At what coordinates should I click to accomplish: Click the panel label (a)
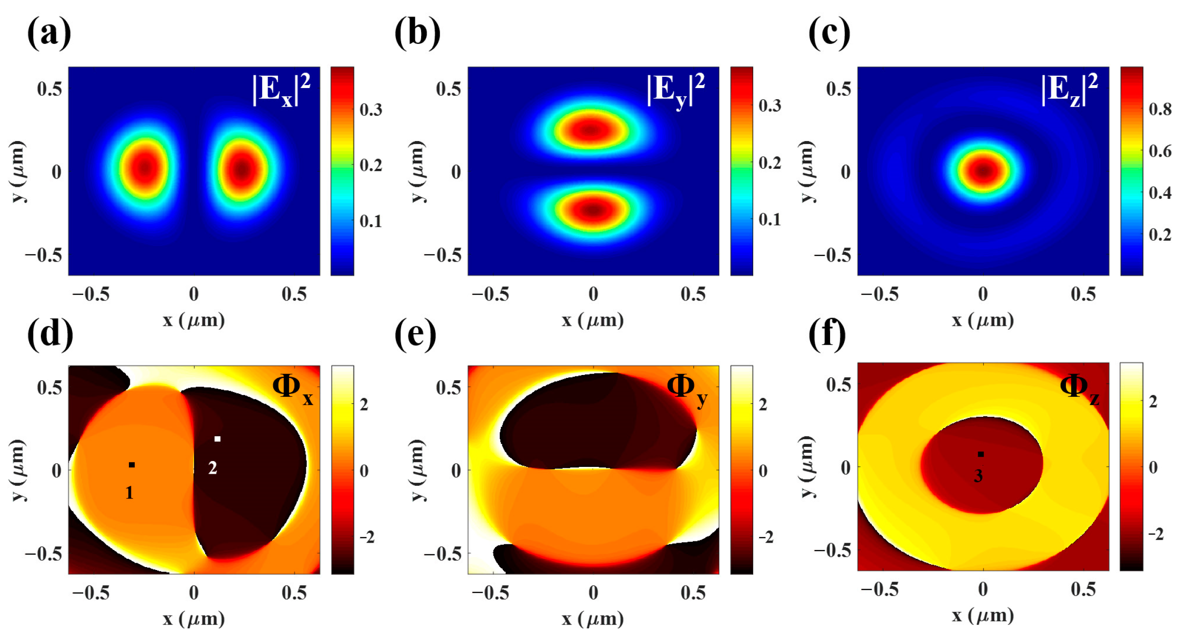(x=49, y=33)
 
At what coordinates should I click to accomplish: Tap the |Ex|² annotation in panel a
(x=282, y=89)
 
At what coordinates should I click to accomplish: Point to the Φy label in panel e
(x=687, y=389)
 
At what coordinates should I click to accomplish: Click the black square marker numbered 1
(x=132, y=465)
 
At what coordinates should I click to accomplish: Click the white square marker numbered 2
(x=217, y=439)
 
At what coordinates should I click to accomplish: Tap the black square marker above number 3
(x=981, y=454)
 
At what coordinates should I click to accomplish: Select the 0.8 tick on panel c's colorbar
(x=1160, y=109)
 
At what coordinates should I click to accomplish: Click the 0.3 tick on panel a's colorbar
(x=371, y=109)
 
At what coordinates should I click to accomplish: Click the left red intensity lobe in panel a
(x=145, y=168)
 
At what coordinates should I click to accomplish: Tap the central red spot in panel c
(x=983, y=171)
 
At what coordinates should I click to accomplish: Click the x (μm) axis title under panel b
(x=593, y=320)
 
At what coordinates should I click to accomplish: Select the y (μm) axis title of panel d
(x=17, y=469)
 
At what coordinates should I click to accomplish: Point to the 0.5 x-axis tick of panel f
(x=1083, y=589)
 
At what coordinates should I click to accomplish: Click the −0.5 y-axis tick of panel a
(x=44, y=255)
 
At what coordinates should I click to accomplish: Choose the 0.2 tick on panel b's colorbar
(x=770, y=162)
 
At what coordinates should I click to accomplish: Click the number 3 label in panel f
(x=978, y=476)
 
